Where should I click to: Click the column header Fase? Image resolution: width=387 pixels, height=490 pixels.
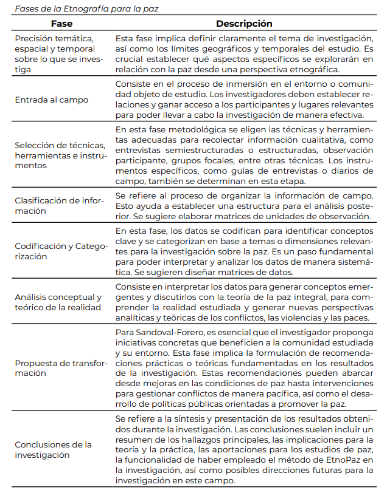(62, 24)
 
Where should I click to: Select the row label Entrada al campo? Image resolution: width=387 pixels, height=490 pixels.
(52, 99)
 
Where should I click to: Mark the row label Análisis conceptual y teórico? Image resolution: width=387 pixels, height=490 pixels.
(58, 302)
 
